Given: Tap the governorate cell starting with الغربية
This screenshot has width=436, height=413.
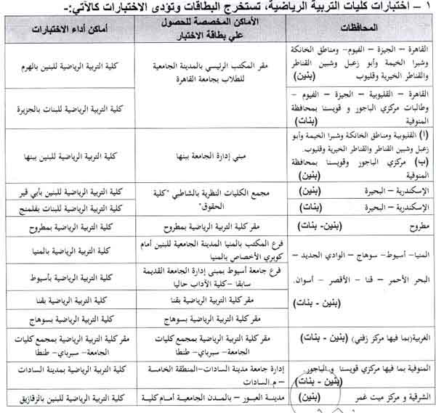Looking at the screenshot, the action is (356, 339).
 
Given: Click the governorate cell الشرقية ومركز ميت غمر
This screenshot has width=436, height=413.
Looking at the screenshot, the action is (356, 398).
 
